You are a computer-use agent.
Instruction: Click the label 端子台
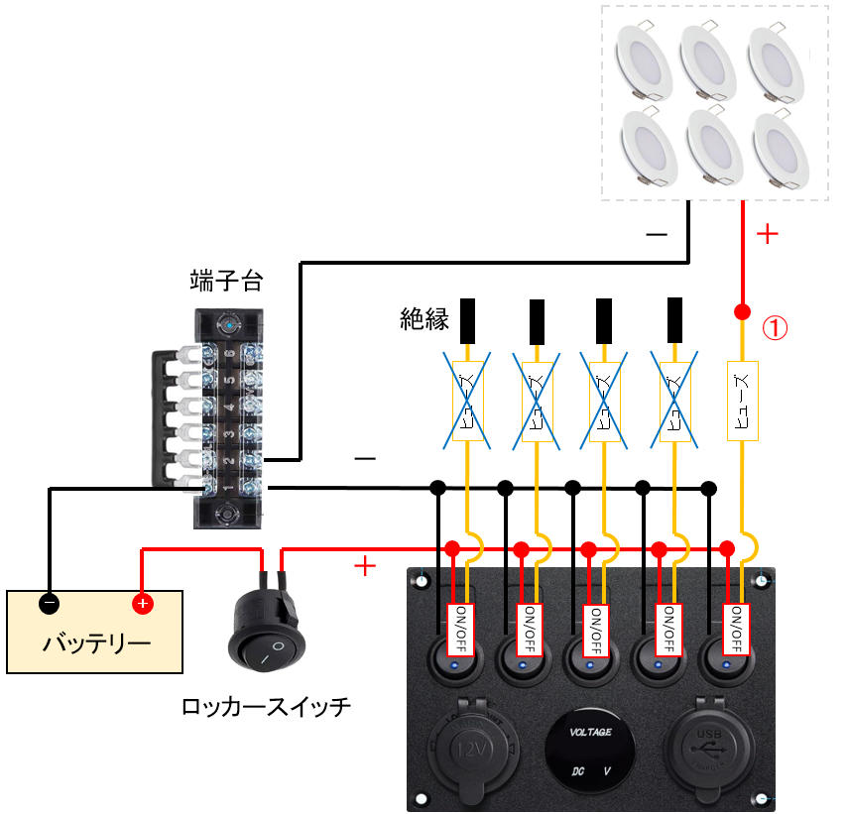pyautogui.click(x=226, y=281)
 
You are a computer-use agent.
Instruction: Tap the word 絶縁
pyautogui.click(x=424, y=319)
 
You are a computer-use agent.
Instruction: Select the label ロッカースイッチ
pyautogui.click(x=267, y=707)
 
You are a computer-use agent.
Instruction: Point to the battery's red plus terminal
pyautogui.click(x=143, y=603)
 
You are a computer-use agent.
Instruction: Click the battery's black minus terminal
pyautogui.click(x=50, y=603)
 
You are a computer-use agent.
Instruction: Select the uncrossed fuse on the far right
pyautogui.click(x=743, y=402)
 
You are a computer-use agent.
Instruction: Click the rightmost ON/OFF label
pyautogui.click(x=735, y=629)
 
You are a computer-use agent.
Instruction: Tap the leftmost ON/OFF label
pyautogui.click(x=459, y=629)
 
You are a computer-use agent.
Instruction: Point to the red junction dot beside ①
pyautogui.click(x=741, y=313)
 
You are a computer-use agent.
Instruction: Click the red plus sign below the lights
pyautogui.click(x=768, y=234)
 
